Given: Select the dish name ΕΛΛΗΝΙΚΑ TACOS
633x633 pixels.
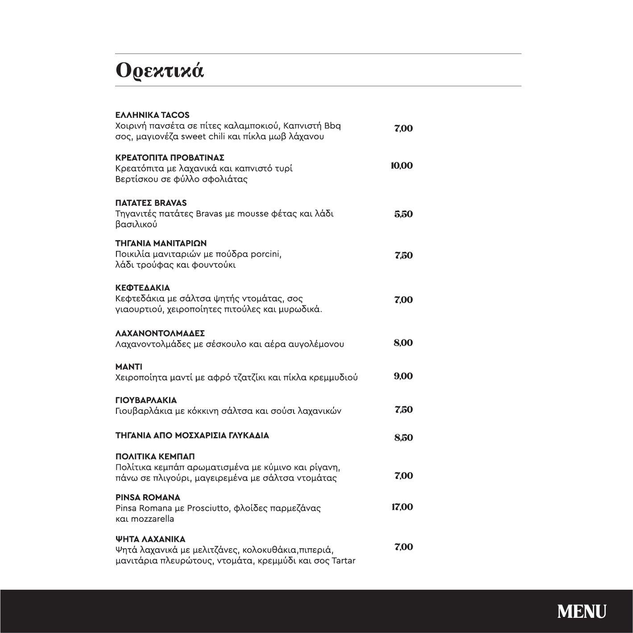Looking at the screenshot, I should click(152, 115).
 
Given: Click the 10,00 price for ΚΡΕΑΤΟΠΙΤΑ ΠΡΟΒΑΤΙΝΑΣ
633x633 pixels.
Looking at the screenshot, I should click(401, 166).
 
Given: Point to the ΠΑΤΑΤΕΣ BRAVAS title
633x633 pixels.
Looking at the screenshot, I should click(151, 203).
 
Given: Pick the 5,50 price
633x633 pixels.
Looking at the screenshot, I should click(403, 214).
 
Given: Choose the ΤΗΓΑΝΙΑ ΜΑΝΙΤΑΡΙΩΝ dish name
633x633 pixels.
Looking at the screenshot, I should click(161, 243).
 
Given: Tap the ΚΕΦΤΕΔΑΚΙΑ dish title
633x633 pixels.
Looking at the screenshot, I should click(142, 288).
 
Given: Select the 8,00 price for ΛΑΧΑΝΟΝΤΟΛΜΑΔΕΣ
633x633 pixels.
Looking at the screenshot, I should click(403, 343).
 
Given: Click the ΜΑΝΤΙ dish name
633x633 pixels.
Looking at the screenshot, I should click(128, 367).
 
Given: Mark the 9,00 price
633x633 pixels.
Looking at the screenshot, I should click(403, 376).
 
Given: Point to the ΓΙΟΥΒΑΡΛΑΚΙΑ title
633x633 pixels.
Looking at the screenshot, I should click(146, 400).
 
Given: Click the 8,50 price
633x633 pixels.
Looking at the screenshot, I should click(403, 437).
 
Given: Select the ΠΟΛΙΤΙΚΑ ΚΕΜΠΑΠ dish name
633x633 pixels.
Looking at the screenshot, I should click(155, 457).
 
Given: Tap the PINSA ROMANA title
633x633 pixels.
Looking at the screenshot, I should click(148, 497).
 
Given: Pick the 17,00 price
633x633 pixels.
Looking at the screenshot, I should click(402, 507).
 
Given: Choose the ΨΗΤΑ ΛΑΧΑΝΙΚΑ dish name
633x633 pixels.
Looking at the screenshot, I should click(150, 539).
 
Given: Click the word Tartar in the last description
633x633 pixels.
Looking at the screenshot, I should click(343, 561).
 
